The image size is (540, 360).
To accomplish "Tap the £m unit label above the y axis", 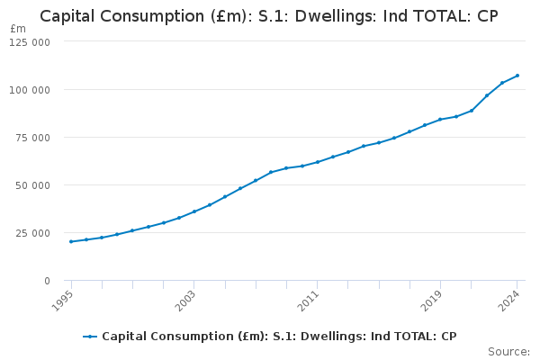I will [x=18, y=29].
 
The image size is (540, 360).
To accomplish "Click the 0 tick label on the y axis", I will [x=46, y=281].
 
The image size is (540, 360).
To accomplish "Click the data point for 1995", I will [x=71, y=241].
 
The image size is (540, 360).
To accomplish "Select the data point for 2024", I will [x=517, y=76].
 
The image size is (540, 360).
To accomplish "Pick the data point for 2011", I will [x=318, y=162].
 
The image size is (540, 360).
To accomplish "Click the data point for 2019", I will [x=440, y=120].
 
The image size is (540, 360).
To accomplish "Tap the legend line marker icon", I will [x=90, y=337].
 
